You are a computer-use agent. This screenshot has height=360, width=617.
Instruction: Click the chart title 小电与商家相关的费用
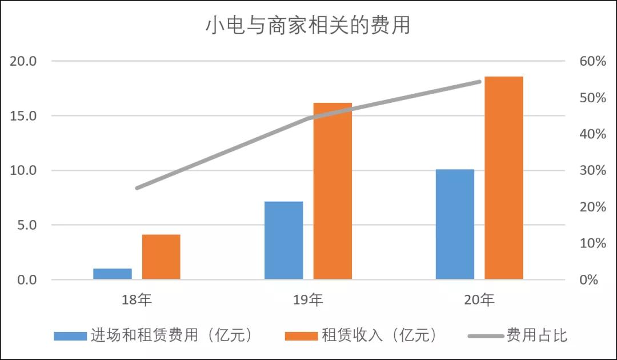click(x=308, y=26)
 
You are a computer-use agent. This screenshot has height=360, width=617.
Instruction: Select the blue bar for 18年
click(x=113, y=274)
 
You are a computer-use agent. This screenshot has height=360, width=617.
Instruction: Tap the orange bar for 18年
click(x=161, y=257)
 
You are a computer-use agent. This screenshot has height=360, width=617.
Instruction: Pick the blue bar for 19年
click(x=284, y=241)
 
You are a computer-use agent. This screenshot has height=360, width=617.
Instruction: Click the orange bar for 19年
click(x=332, y=191)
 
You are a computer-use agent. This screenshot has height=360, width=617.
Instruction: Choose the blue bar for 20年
click(x=455, y=224)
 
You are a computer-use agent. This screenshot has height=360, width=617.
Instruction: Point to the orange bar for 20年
click(x=504, y=178)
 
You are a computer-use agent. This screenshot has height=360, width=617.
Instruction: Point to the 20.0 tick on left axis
click(x=24, y=61)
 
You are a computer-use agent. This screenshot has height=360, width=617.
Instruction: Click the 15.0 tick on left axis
click(x=24, y=116)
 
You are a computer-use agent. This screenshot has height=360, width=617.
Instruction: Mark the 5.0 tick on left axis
click(x=27, y=225)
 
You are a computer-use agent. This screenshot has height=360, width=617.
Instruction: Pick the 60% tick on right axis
click(x=592, y=61)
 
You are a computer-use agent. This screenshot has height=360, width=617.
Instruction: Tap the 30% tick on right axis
click(x=592, y=170)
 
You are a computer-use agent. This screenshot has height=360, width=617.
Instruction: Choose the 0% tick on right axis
click(x=596, y=280)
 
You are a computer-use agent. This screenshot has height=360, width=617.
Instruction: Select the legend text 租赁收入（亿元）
click(x=379, y=335)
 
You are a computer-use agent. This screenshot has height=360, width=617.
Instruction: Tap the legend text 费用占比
click(x=536, y=335)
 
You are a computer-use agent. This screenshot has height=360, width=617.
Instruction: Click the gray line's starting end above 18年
click(x=137, y=188)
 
